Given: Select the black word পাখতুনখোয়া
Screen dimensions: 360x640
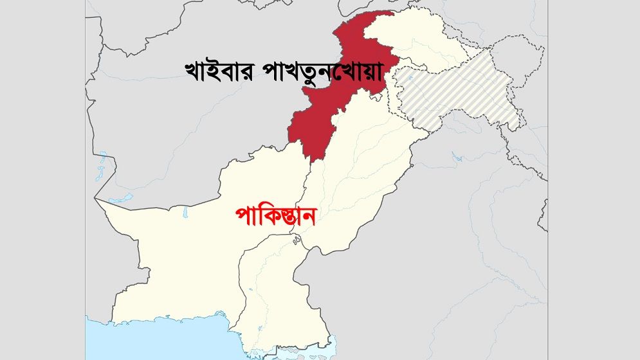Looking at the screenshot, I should coord(321,75).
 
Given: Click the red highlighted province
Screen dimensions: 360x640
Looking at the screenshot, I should coord(315,116).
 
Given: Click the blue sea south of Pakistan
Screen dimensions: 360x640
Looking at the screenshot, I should coord(161,341).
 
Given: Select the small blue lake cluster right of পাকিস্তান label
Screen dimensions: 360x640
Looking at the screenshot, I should coord(297,240).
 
